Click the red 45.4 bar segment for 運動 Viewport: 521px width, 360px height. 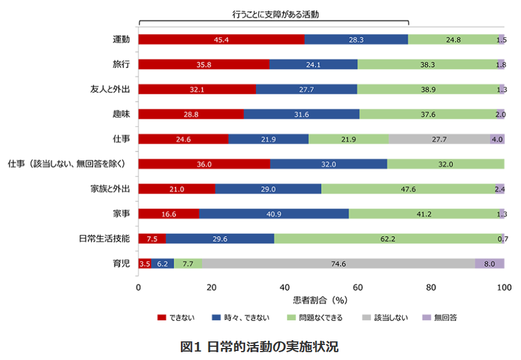pyautogui.click(x=221, y=40)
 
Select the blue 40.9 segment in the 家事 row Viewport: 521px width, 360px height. pyautogui.click(x=273, y=213)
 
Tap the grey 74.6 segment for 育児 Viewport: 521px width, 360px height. pyautogui.click(x=338, y=263)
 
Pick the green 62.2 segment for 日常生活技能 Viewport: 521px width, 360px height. pyautogui.click(x=388, y=239)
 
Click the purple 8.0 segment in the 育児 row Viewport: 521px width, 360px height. pyautogui.click(x=489, y=263)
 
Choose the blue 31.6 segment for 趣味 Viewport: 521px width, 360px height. pyautogui.click(x=301, y=114)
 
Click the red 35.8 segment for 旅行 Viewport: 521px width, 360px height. pyautogui.click(x=204, y=64)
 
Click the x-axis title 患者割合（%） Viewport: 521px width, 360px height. pyautogui.click(x=320, y=299)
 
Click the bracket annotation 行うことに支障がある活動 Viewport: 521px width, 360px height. pyautogui.click(x=273, y=13)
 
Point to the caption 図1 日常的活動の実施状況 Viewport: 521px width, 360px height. pyautogui.click(x=260, y=347)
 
